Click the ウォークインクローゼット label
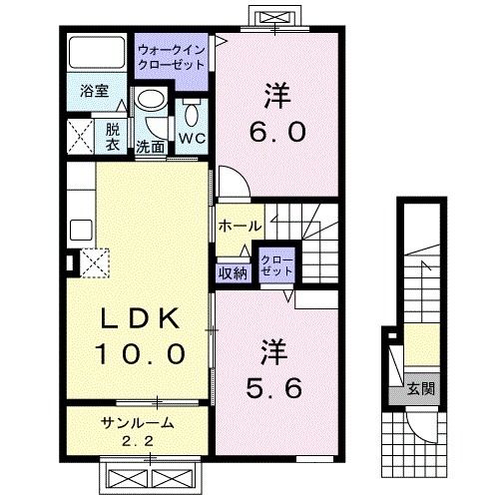[173, 54]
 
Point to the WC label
[192, 137]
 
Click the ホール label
[240, 226]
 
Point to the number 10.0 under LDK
[140, 353]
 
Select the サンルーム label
[138, 422]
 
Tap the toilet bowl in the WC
[192, 108]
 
